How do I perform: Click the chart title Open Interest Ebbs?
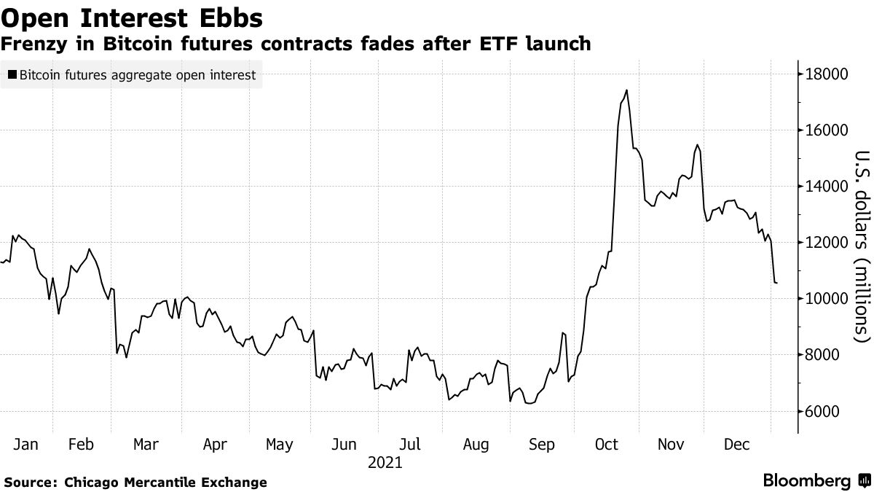pos(132,16)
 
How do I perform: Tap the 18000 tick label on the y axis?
pos(826,74)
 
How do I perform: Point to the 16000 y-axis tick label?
pos(826,130)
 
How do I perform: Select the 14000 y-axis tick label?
pos(826,187)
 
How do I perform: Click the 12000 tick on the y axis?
pos(826,243)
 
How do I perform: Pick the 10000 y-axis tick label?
pos(826,299)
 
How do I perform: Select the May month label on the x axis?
pos(279,444)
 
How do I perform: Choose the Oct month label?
pos(607,444)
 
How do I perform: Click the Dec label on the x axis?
pos(737,444)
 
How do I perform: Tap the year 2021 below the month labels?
pos(385,462)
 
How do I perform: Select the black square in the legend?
pos(12,74)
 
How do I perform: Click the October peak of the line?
pos(626,90)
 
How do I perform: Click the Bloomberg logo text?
pos(806,481)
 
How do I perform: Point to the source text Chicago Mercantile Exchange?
pos(165,483)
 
